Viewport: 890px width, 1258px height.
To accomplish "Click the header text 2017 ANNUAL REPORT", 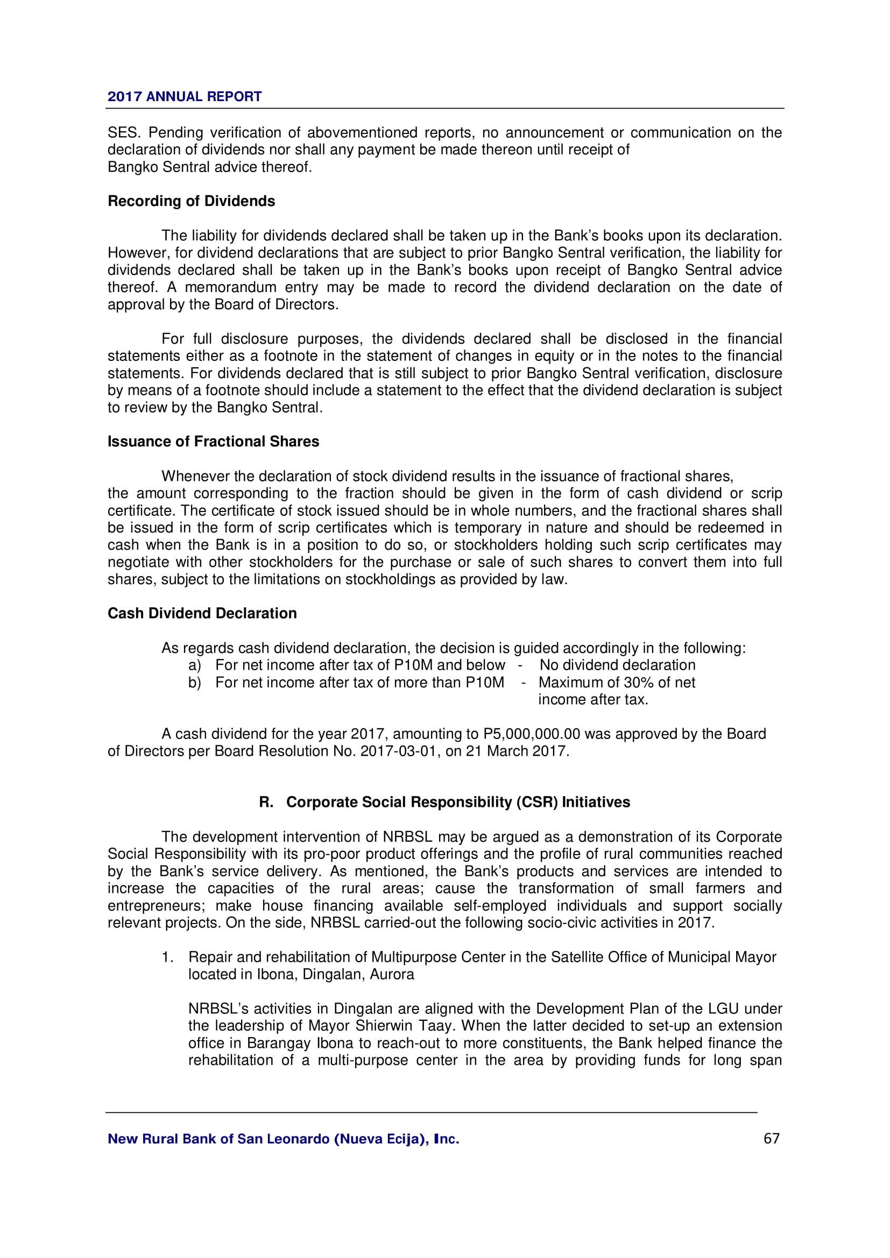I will (184, 96).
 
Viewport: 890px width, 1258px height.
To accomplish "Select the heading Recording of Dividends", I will (190, 201).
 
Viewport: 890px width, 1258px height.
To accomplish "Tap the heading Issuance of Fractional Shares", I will (213, 442).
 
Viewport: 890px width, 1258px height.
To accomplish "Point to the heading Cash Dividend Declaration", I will (202, 613).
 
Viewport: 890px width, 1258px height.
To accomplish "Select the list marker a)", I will (195, 665).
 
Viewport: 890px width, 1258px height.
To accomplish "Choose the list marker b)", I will (195, 683).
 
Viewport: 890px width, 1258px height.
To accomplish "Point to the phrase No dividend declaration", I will (617, 665).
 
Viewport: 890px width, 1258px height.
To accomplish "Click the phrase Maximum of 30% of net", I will (617, 683).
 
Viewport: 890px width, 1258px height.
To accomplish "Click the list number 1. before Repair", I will (168, 957).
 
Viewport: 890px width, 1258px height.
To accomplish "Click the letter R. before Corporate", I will (266, 802).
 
